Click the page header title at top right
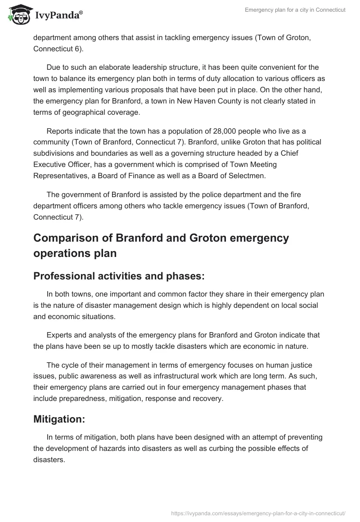pyautogui.click(x=295, y=10)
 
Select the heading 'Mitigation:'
pyautogui.click(x=59, y=419)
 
